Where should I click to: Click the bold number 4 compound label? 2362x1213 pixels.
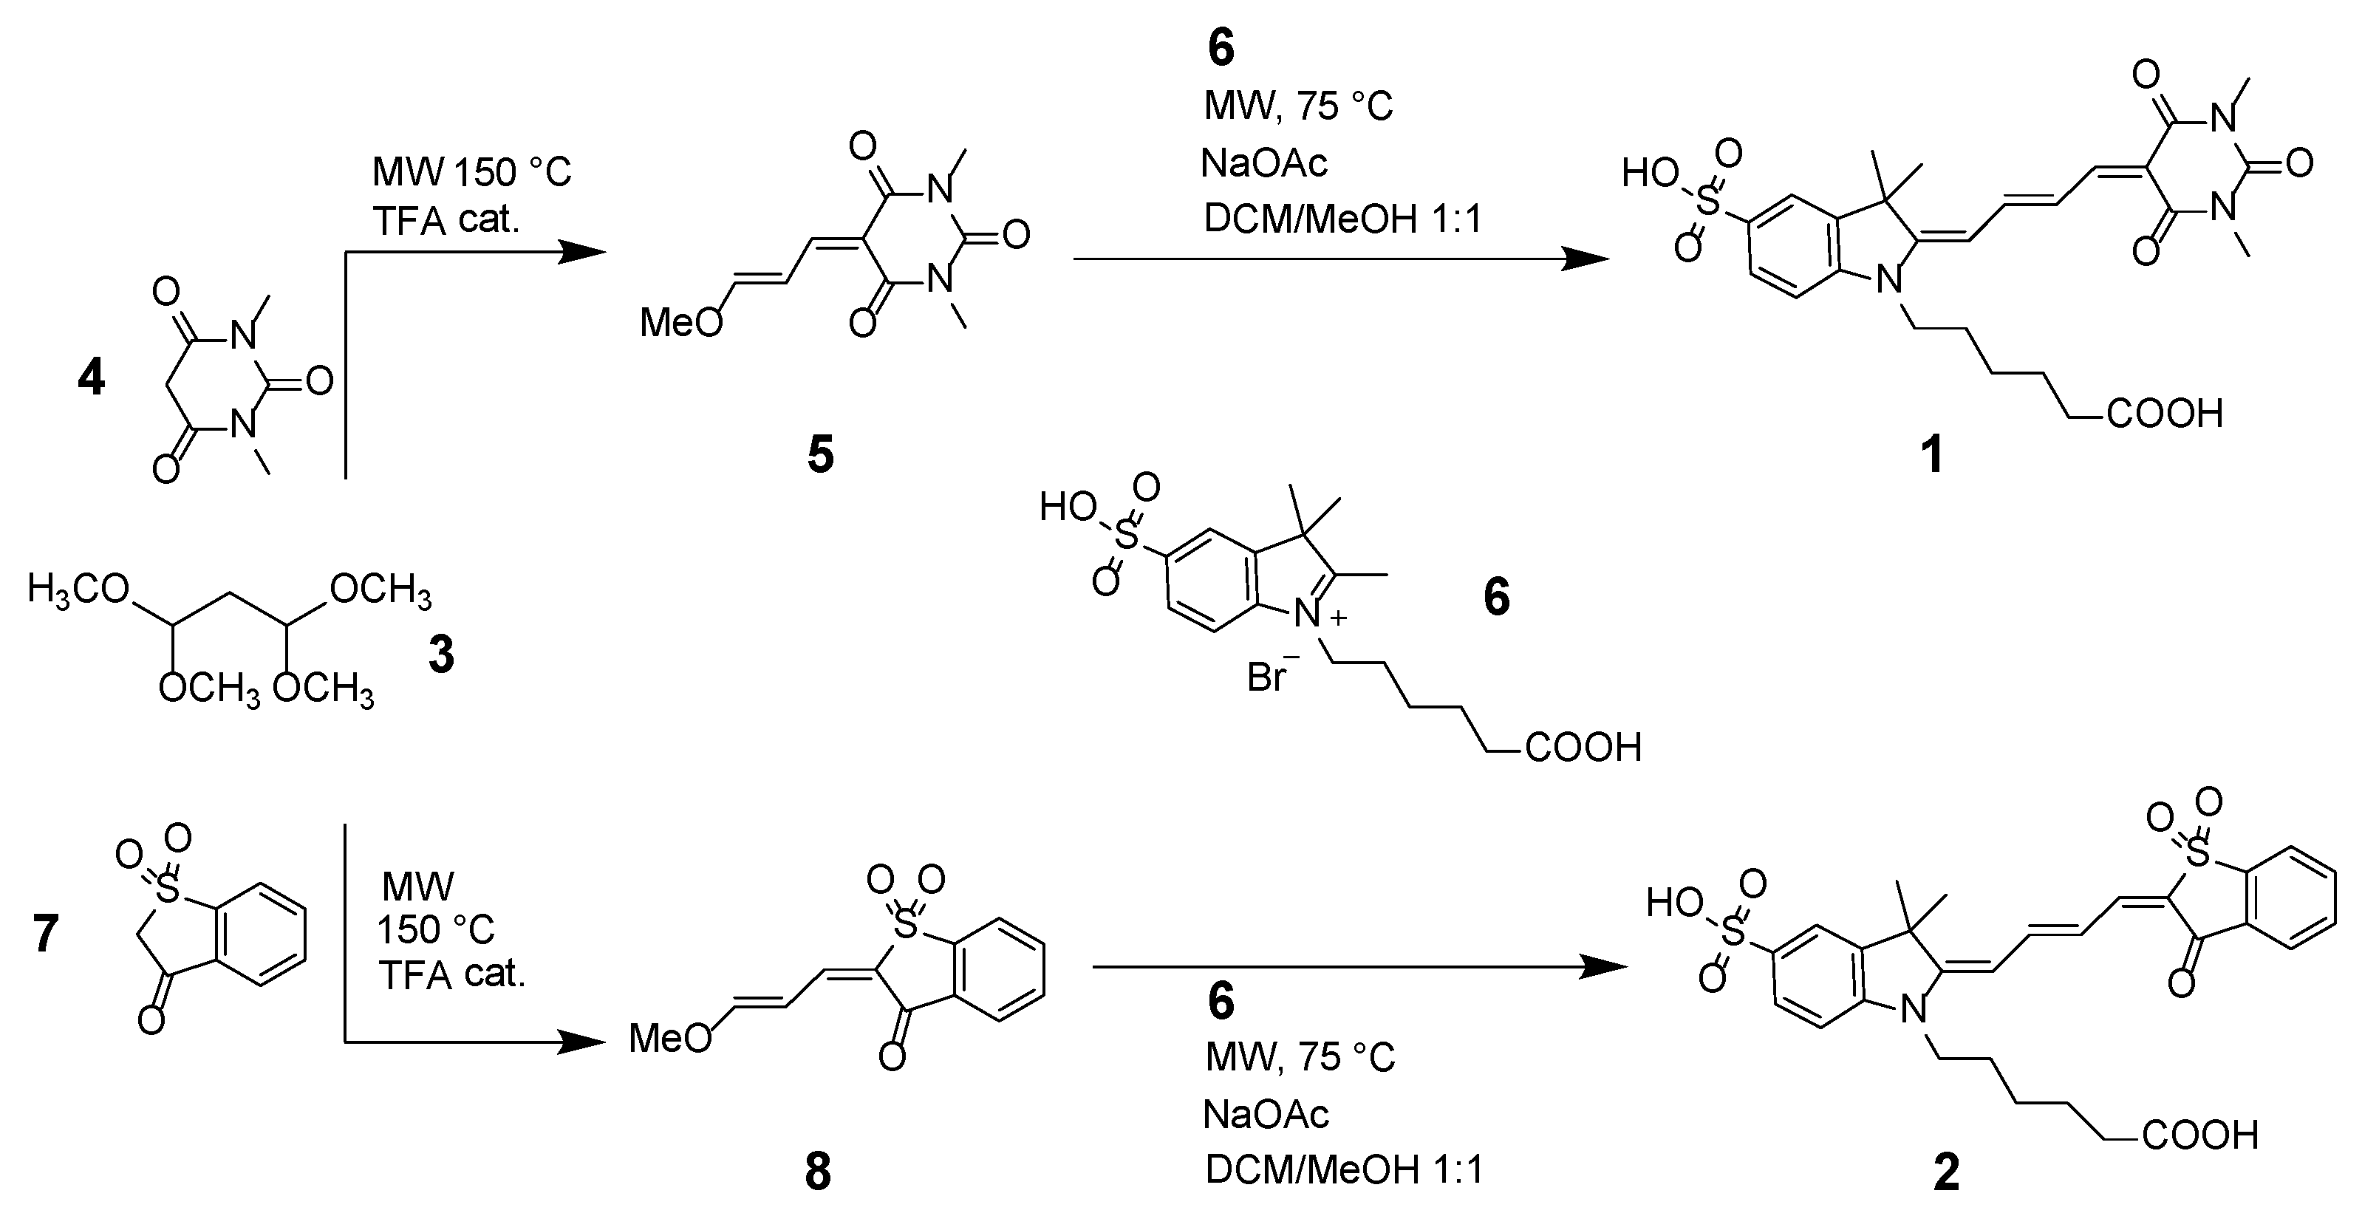click(92, 377)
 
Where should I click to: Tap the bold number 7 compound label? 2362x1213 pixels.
click(46, 934)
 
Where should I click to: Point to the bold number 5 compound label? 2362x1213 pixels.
click(820, 454)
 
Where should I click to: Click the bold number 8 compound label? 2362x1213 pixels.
click(818, 1172)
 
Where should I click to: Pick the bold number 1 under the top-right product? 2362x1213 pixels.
click(1932, 454)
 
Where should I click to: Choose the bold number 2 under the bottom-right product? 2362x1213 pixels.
click(1947, 1172)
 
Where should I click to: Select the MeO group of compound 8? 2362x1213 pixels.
click(669, 1039)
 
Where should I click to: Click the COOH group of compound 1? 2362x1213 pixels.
click(2164, 414)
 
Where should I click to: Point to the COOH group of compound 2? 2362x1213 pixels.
click(2199, 1135)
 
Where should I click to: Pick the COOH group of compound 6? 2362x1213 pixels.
click(1583, 748)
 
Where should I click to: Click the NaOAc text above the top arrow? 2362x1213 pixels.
click(1264, 164)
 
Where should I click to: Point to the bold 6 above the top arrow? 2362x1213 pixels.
click(1221, 48)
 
